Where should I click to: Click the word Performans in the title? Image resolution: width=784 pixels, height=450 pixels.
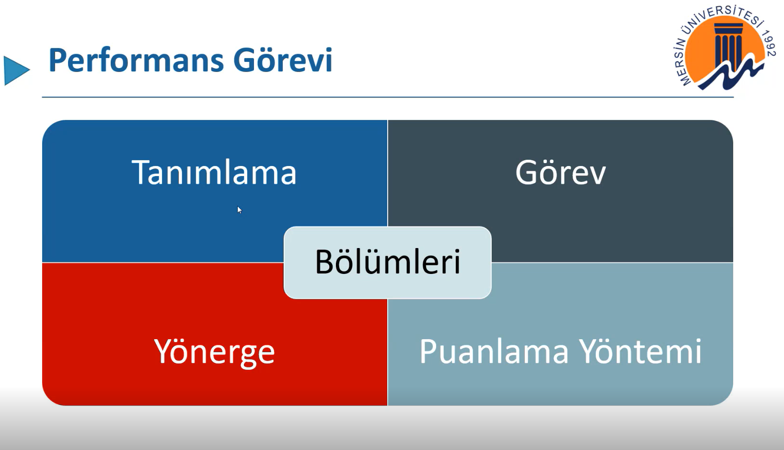click(x=136, y=60)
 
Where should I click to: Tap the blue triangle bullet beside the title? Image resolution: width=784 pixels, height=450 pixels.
click(x=17, y=71)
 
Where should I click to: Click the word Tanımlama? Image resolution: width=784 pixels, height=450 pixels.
click(x=214, y=172)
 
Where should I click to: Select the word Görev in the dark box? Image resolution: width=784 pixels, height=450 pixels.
click(x=560, y=172)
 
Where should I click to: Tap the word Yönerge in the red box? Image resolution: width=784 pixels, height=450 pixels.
click(x=214, y=352)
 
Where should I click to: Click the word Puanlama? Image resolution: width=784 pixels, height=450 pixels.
click(x=494, y=351)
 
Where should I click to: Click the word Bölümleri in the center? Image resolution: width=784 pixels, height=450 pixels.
click(x=388, y=261)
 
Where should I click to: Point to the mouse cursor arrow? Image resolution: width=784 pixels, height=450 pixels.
click(x=240, y=210)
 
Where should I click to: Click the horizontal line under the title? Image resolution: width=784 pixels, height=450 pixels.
click(x=388, y=97)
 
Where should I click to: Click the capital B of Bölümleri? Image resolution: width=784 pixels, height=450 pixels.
click(x=324, y=262)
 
